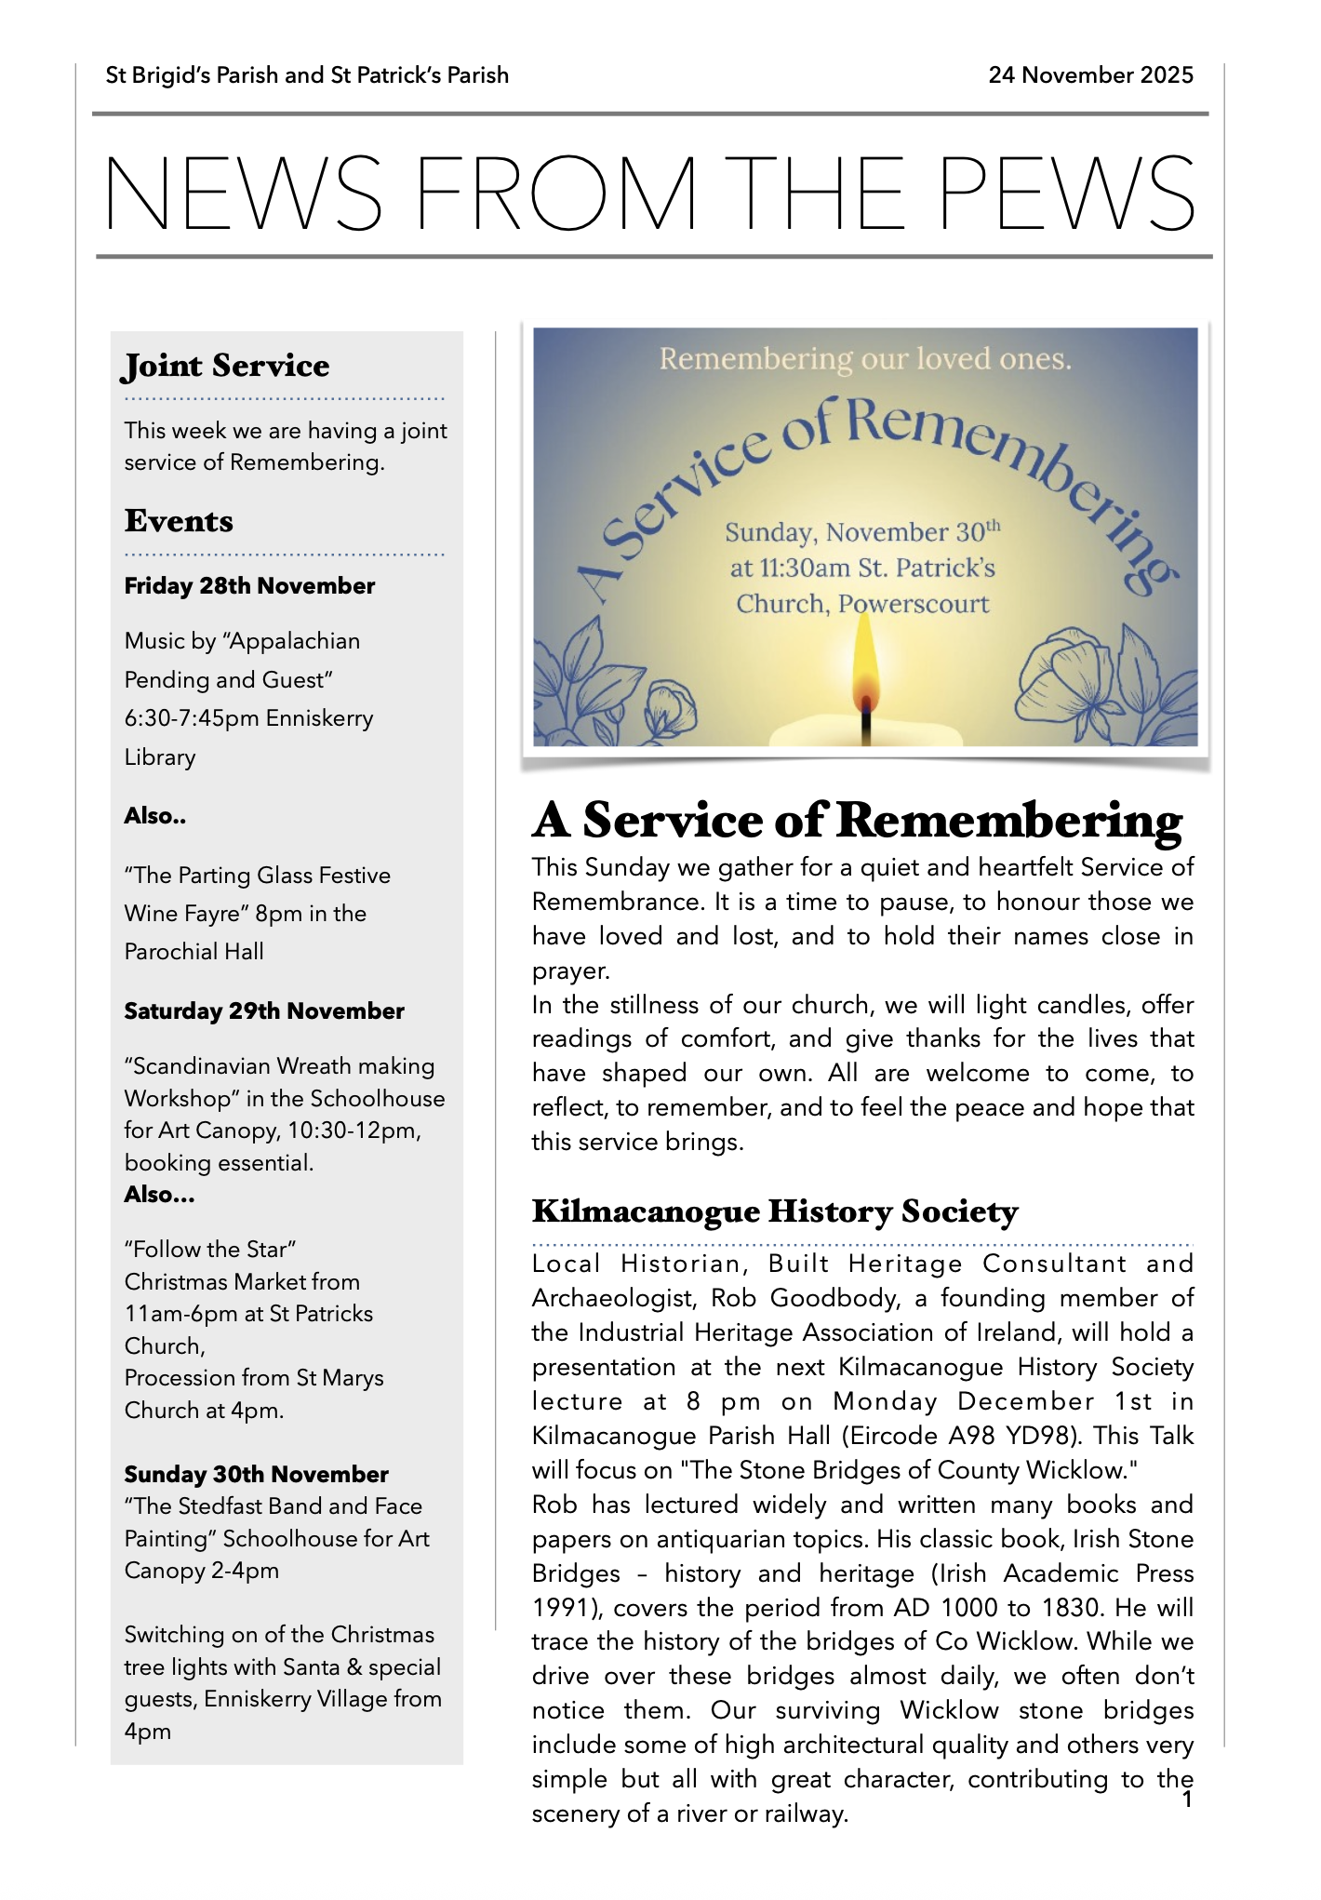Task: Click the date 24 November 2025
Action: pos(1090,75)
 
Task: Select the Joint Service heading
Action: pos(226,366)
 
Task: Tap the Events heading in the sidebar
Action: pos(179,521)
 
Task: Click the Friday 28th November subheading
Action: pos(249,586)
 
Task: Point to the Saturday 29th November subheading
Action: pos(264,1011)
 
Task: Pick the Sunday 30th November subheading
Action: pos(256,1475)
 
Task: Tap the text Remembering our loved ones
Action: pos(865,359)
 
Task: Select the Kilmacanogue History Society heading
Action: pos(775,1211)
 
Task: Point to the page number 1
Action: pos(1187,1800)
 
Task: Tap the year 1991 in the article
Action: pos(559,1608)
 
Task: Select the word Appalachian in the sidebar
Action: pos(295,641)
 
